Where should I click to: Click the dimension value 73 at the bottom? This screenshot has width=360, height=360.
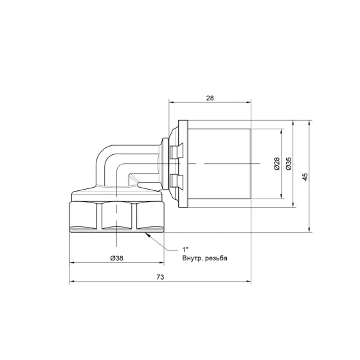pos(160,277)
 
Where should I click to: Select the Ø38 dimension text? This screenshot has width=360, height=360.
pos(117,258)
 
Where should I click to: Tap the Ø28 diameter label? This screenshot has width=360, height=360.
pos(276,163)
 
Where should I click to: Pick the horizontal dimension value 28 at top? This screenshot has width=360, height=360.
pos(210,97)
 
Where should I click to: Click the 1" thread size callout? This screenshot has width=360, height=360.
pos(185,249)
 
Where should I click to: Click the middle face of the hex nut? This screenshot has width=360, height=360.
pos(117,217)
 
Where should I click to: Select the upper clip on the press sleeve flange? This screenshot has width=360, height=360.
pos(175,150)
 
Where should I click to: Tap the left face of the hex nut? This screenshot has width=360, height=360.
pos(84,217)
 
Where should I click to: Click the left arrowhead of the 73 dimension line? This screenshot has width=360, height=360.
pos(73,282)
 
